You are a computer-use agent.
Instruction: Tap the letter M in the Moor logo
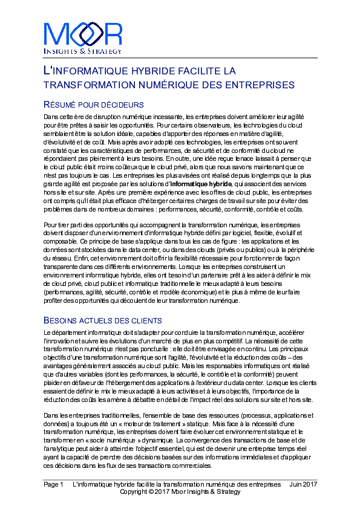(x=55, y=34)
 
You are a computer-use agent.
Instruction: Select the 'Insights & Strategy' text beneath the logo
(x=83, y=52)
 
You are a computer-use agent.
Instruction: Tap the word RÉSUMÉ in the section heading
(x=60, y=105)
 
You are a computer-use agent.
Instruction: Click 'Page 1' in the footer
(x=53, y=485)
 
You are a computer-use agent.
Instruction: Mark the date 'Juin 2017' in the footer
(x=303, y=485)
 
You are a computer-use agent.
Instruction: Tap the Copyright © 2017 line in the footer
(x=180, y=492)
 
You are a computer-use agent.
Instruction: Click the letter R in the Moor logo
(x=113, y=34)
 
